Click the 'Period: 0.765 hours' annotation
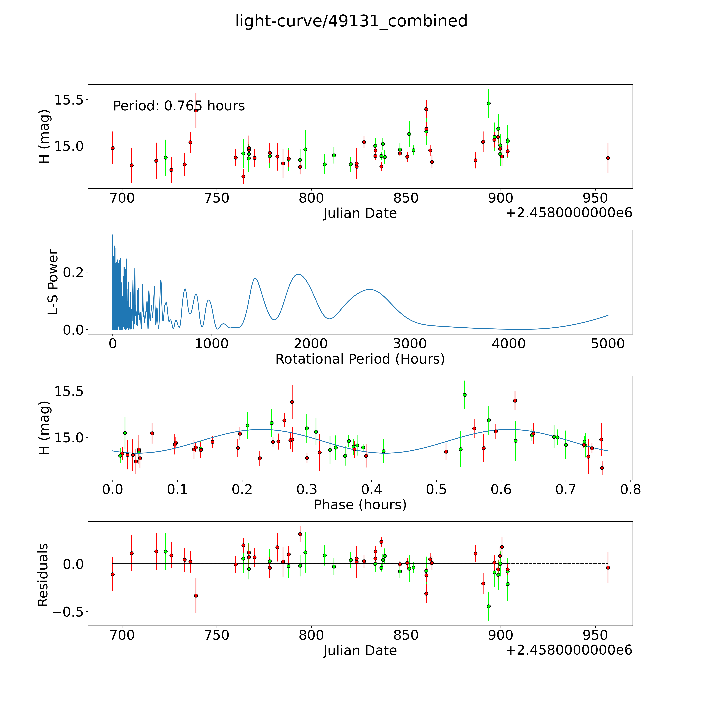179,106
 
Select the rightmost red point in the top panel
608,158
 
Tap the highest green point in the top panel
489,103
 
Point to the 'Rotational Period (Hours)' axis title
360,359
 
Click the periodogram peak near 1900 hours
298,274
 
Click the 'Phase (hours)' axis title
360,505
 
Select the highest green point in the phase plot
465,395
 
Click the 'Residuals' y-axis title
43,575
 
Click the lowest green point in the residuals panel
489,606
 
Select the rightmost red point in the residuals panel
608,568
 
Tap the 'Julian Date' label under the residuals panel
360,651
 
